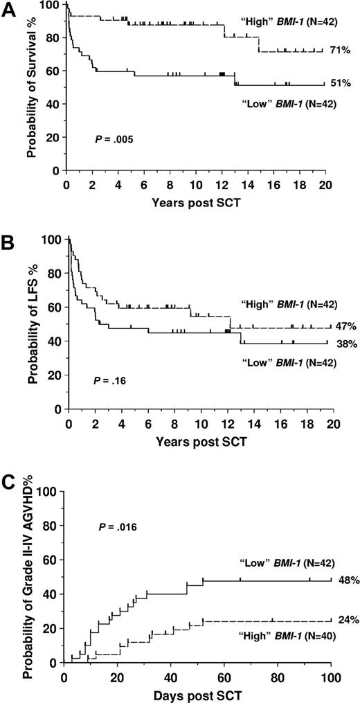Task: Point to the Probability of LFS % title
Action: [x=30, y=326]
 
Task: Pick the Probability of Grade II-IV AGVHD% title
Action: [x=30, y=571]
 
